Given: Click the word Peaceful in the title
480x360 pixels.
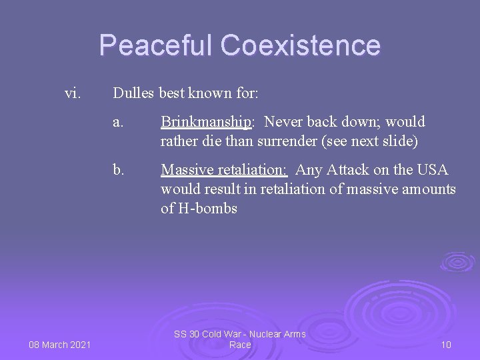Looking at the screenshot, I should click(x=157, y=45).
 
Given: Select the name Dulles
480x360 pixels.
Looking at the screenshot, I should click(x=134, y=93).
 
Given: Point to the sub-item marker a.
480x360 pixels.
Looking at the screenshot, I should click(x=118, y=123).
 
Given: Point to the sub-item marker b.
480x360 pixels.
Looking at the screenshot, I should click(x=118, y=171).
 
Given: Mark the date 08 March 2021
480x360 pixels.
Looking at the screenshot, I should click(x=59, y=344).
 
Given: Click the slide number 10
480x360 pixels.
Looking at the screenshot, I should click(x=446, y=345).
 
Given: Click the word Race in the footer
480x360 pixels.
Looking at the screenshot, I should click(x=239, y=345).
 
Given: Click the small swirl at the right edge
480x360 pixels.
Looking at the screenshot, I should click(x=458, y=261).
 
